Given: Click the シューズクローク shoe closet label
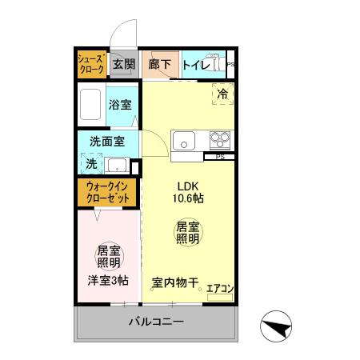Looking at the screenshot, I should pos(90,64).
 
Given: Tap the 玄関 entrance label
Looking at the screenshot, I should pos(123,64).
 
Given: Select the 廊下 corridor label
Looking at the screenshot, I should pos(160,64).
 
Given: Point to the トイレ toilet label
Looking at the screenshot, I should pos(195,64).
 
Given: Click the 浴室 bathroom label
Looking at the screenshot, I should pos(120,104).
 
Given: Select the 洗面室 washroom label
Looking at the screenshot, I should pos(106,143).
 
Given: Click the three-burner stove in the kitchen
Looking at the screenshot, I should pos(220,140).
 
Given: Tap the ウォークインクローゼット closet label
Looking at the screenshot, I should pos(106,191).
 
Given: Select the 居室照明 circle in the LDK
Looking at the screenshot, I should pos(187,233).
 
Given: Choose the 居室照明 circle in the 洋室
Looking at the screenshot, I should pos(108,255).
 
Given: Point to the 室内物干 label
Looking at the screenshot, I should pos(174,282).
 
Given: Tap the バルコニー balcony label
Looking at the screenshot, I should pos(157,322).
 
